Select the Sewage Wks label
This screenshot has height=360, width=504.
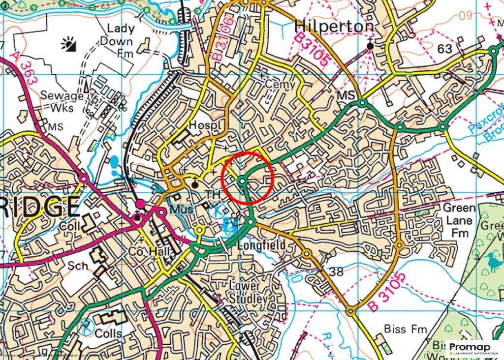tap(61, 101)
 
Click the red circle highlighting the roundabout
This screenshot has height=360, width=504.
tap(247, 178)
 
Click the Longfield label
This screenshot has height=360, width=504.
tap(261, 245)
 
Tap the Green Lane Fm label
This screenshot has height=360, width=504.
tap(459, 221)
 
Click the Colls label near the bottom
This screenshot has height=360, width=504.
tap(109, 333)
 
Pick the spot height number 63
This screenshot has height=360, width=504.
tap(444, 48)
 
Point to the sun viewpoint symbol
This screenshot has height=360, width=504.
tap(69, 45)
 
